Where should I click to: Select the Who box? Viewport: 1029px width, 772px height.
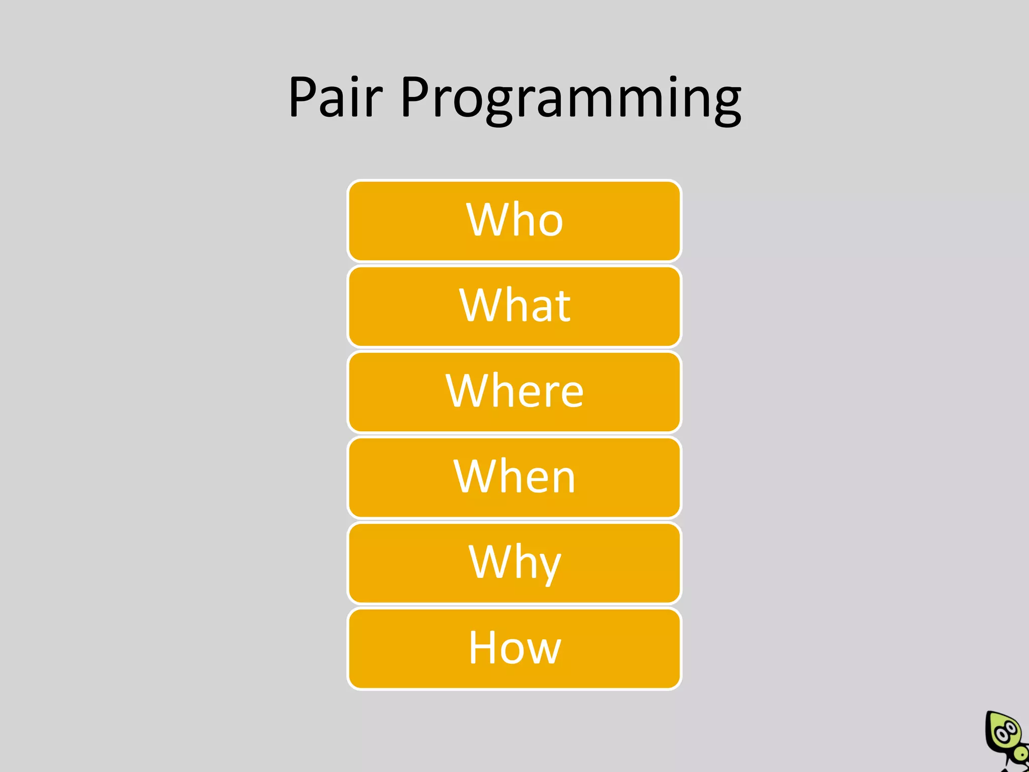tap(514, 221)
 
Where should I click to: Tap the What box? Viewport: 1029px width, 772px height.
tap(514, 307)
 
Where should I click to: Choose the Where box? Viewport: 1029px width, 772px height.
tap(514, 392)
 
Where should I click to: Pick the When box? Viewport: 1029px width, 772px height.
tap(514, 477)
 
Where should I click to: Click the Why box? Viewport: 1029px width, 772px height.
tap(514, 563)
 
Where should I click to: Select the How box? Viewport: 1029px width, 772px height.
tap(514, 648)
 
